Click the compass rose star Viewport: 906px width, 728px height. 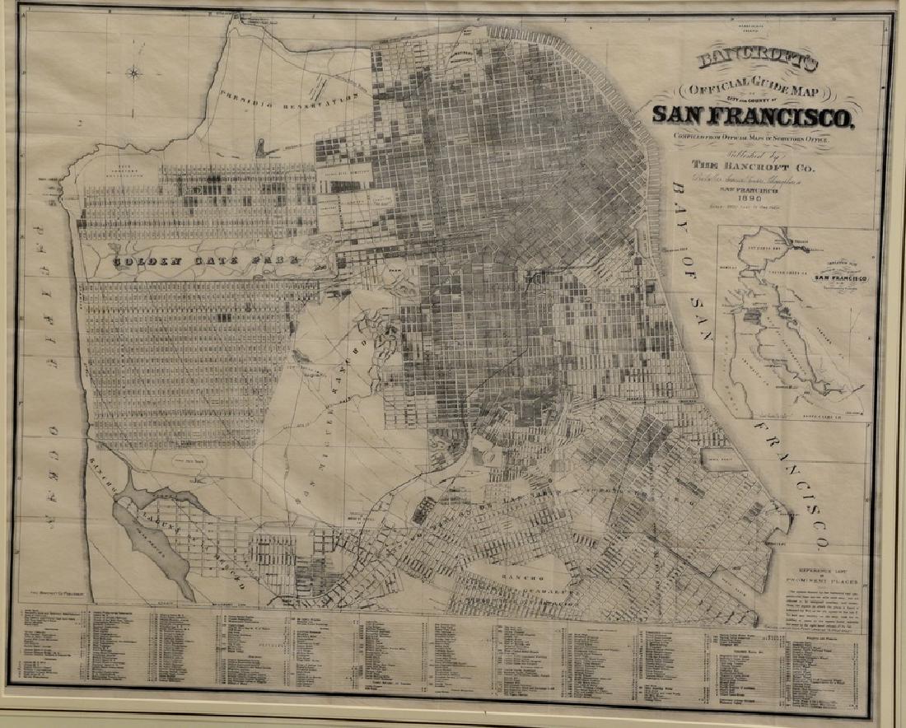134,72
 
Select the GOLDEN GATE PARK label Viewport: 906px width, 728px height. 206,263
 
